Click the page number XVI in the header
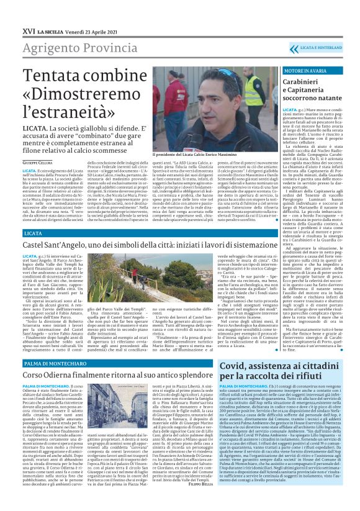[x=11, y=11]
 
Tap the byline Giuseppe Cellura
[x=38, y=162]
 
